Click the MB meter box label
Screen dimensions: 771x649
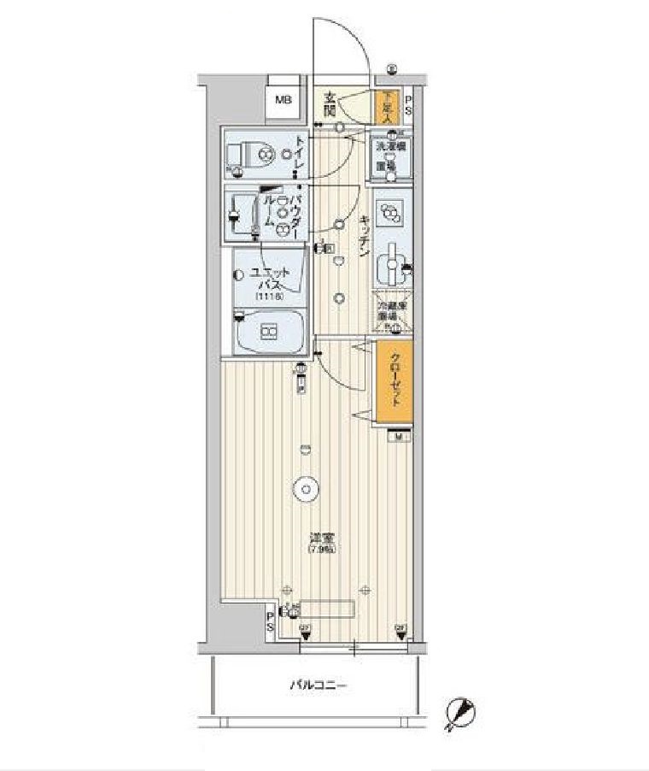tap(283, 100)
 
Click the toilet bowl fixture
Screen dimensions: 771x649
tap(248, 155)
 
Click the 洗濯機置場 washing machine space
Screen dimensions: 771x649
tap(391, 158)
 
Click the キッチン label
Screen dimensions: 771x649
tap(364, 234)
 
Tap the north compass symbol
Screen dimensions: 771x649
tap(460, 711)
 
